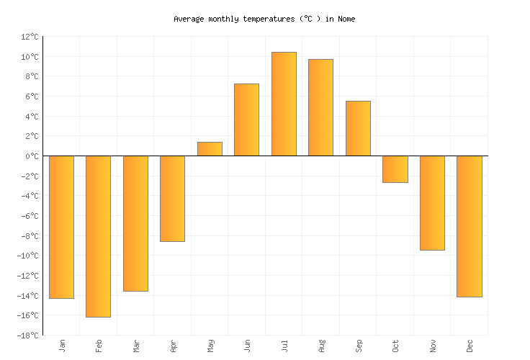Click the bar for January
tap(61, 227)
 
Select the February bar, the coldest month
tap(98, 236)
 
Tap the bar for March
tap(135, 223)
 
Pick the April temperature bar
tap(172, 199)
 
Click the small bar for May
tap(210, 149)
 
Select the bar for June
tap(246, 120)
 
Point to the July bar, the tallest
tap(284, 104)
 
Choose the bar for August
tap(320, 107)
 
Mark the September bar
tap(358, 128)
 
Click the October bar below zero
tap(395, 169)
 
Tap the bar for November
tap(432, 203)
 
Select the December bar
tap(469, 226)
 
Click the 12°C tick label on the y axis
tap(30, 37)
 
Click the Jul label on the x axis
tap(284, 346)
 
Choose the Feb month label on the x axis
tap(99, 346)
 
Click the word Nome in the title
tap(346, 19)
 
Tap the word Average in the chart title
tap(189, 19)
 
